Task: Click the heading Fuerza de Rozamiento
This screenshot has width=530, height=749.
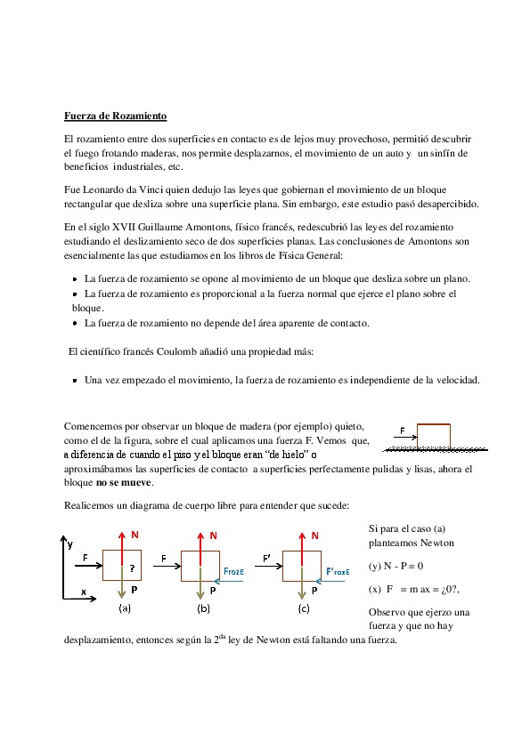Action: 115,116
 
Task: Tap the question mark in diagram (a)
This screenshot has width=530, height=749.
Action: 132,568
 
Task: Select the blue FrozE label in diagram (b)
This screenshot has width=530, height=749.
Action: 234,571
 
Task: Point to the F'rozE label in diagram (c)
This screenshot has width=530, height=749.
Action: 338,571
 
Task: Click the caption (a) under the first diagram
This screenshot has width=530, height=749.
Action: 125,608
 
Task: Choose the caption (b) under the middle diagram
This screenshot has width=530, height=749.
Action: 203,608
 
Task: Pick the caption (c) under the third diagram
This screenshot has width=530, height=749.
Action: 304,608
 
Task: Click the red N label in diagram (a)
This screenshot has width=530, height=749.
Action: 135,535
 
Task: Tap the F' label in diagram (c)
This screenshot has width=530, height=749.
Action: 266,558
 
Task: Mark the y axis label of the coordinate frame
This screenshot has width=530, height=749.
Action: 70,544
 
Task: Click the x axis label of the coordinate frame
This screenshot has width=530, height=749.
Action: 84,592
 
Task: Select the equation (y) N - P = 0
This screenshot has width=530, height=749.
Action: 396,566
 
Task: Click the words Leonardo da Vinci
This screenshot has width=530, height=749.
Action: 124,189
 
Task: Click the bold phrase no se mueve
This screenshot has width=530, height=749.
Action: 124,482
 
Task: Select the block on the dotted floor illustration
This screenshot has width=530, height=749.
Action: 434,436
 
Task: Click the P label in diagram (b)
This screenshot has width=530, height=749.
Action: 213,591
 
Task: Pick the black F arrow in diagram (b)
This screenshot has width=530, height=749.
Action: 167,566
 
